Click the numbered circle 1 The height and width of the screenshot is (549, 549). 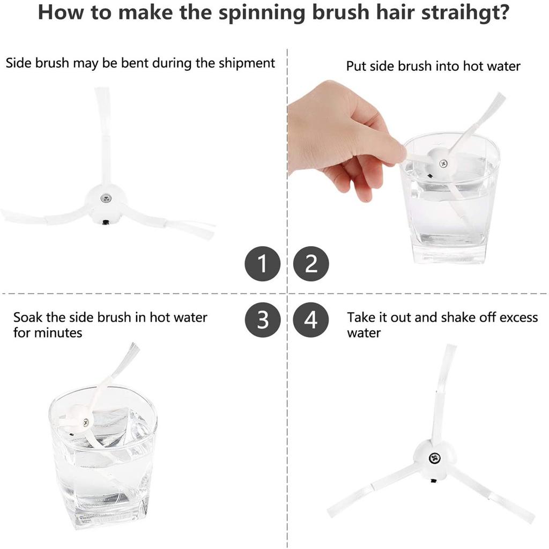[x=263, y=263]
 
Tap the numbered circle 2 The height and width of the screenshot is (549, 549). [x=311, y=263]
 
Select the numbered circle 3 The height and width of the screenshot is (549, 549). [x=263, y=320]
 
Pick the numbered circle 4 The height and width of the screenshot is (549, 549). [x=311, y=320]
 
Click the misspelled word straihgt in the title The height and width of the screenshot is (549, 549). [x=465, y=13]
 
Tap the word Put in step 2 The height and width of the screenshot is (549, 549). [x=357, y=66]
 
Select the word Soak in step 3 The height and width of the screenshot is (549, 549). [x=28, y=317]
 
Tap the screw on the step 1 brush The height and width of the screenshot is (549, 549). [x=106, y=198]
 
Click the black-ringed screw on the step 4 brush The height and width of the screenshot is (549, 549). [x=434, y=458]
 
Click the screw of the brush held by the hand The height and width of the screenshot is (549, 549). [x=443, y=163]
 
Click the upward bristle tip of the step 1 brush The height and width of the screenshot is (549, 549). [x=101, y=90]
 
